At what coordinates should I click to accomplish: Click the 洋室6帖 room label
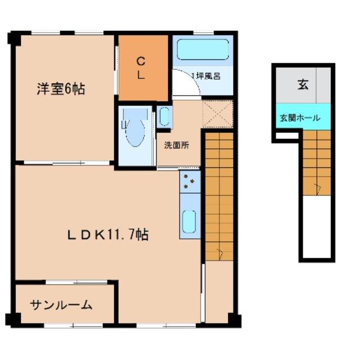pyautogui.click(x=61, y=89)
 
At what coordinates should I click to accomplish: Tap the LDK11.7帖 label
pyautogui.click(x=108, y=235)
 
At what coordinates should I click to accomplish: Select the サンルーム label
pyautogui.click(x=61, y=305)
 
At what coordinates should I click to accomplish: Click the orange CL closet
pyautogui.click(x=143, y=68)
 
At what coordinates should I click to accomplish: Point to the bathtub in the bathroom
pyautogui.click(x=203, y=49)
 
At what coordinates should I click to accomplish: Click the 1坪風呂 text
pyautogui.click(x=206, y=76)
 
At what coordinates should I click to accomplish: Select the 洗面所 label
pyautogui.click(x=177, y=145)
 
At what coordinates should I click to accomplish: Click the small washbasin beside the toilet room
pyautogui.click(x=164, y=116)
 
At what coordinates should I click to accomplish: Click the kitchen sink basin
pyautogui.click(x=189, y=221)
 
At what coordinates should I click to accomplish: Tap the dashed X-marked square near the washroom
pyautogui.click(x=218, y=114)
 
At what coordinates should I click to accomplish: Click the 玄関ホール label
pyautogui.click(x=300, y=118)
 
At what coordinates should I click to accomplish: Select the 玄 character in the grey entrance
pyautogui.click(x=303, y=84)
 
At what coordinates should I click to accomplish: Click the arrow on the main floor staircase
pyautogui.click(x=220, y=254)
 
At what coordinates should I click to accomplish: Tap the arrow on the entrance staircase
pyautogui.click(x=318, y=189)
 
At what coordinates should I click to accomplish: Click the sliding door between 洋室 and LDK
pyautogui.click(x=66, y=163)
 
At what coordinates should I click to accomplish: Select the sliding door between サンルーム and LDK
pyautogui.click(x=76, y=282)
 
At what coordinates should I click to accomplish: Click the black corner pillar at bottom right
pyautogui.click(x=235, y=320)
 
